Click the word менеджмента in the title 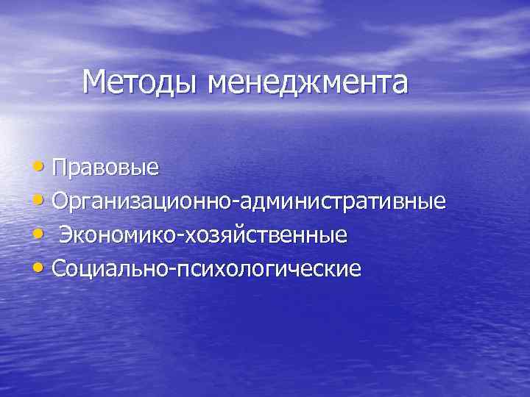pyautogui.click(x=307, y=82)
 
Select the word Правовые pyautogui.click(x=106, y=167)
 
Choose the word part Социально pyautogui.click(x=110, y=269)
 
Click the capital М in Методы pyautogui.click(x=95, y=82)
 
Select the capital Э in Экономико pyautogui.click(x=66, y=235)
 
